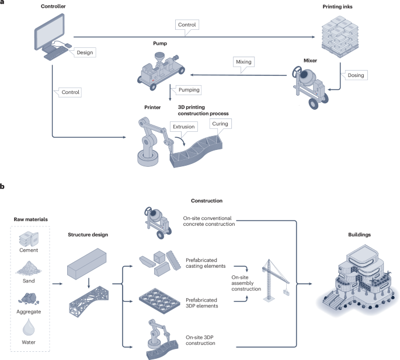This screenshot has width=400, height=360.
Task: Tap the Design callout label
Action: click(84, 52)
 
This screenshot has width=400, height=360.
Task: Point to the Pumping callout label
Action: click(186, 90)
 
